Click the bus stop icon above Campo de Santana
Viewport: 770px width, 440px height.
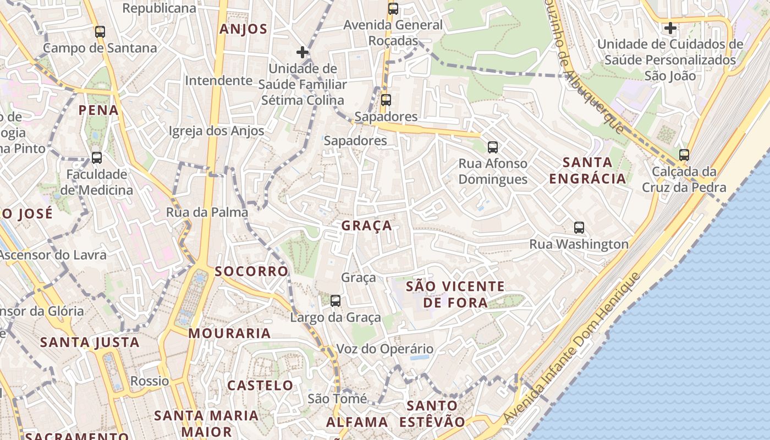click(100, 32)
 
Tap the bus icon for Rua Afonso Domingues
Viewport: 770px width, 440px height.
click(493, 147)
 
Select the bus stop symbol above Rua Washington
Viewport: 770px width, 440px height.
click(579, 228)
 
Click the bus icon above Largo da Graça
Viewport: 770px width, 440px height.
click(335, 301)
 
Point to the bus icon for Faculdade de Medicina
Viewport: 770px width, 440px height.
click(97, 158)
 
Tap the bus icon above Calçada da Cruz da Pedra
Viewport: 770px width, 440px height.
click(684, 155)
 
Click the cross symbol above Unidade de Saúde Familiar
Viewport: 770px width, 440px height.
click(302, 52)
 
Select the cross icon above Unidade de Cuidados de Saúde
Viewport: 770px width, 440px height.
click(670, 28)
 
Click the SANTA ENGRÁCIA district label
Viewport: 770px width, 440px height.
click(587, 170)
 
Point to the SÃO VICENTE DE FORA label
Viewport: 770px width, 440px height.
click(455, 294)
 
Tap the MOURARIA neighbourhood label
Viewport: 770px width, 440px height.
click(229, 333)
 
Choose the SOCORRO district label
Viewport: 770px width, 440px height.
click(251, 271)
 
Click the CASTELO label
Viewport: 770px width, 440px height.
click(260, 385)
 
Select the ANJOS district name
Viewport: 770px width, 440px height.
click(243, 29)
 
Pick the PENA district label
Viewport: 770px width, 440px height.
click(98, 110)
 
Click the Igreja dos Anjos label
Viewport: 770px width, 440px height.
click(216, 131)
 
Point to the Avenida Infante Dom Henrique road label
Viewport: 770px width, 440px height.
click(572, 348)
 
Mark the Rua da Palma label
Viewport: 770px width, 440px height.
click(207, 212)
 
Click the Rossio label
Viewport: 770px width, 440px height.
click(150, 381)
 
